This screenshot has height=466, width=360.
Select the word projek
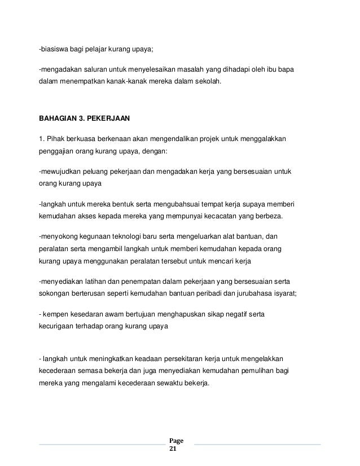[x=209, y=138]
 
